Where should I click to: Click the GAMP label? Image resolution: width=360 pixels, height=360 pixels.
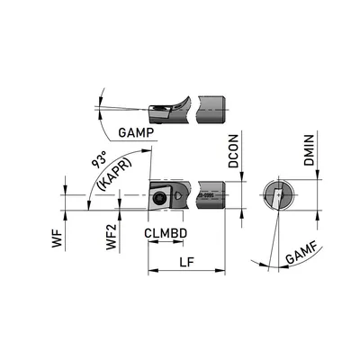(136, 132)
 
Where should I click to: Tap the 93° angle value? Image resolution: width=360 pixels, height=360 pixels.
(99, 160)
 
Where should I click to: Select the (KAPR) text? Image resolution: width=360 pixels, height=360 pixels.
(115, 175)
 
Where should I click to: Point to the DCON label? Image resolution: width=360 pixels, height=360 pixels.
(233, 151)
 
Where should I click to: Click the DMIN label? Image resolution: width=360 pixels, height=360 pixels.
(309, 150)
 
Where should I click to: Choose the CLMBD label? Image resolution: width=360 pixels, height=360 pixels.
(166, 233)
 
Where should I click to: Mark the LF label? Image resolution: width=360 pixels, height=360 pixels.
(187, 263)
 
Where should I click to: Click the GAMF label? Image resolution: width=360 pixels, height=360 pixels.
(301, 254)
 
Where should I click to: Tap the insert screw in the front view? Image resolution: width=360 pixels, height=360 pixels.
(158, 198)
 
